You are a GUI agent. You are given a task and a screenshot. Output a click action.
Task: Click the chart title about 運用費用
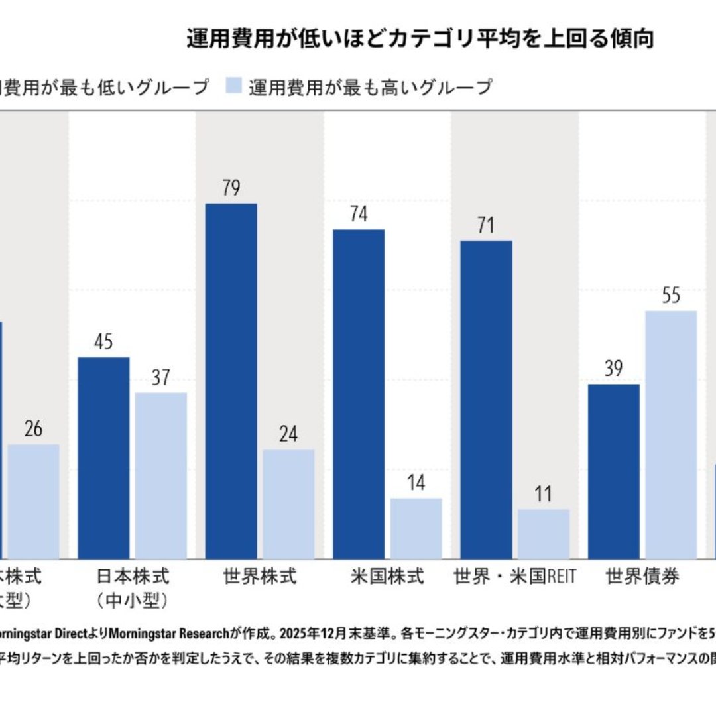click(x=420, y=39)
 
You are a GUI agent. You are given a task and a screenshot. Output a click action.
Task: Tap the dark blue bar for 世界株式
click(x=231, y=381)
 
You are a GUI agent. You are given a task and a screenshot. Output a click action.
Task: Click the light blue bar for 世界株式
click(x=288, y=504)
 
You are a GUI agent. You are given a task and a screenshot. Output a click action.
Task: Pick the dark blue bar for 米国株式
click(x=358, y=394)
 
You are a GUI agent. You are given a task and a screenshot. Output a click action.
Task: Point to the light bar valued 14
click(x=416, y=528)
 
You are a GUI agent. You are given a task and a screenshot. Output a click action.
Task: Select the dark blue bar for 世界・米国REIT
click(x=486, y=399)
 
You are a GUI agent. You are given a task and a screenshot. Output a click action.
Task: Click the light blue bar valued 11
click(x=543, y=534)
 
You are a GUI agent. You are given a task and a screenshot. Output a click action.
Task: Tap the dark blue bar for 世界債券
click(x=613, y=471)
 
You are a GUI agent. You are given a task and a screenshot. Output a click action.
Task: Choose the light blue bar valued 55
click(x=671, y=435)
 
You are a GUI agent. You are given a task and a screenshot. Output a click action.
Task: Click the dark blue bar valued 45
click(x=103, y=458)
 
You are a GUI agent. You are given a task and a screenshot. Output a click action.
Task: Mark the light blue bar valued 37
click(x=161, y=475)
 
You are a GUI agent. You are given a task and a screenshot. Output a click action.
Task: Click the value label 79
click(x=231, y=188)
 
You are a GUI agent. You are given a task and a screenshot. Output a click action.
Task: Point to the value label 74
click(x=358, y=215)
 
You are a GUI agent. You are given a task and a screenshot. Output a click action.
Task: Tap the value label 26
click(x=33, y=429)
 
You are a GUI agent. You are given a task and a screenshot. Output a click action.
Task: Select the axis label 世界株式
click(x=259, y=577)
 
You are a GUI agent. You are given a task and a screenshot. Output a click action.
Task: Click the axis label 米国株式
click(x=387, y=577)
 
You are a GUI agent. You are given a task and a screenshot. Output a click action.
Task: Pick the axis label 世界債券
click(x=642, y=577)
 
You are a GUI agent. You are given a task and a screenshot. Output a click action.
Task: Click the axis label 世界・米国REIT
click(x=514, y=577)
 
